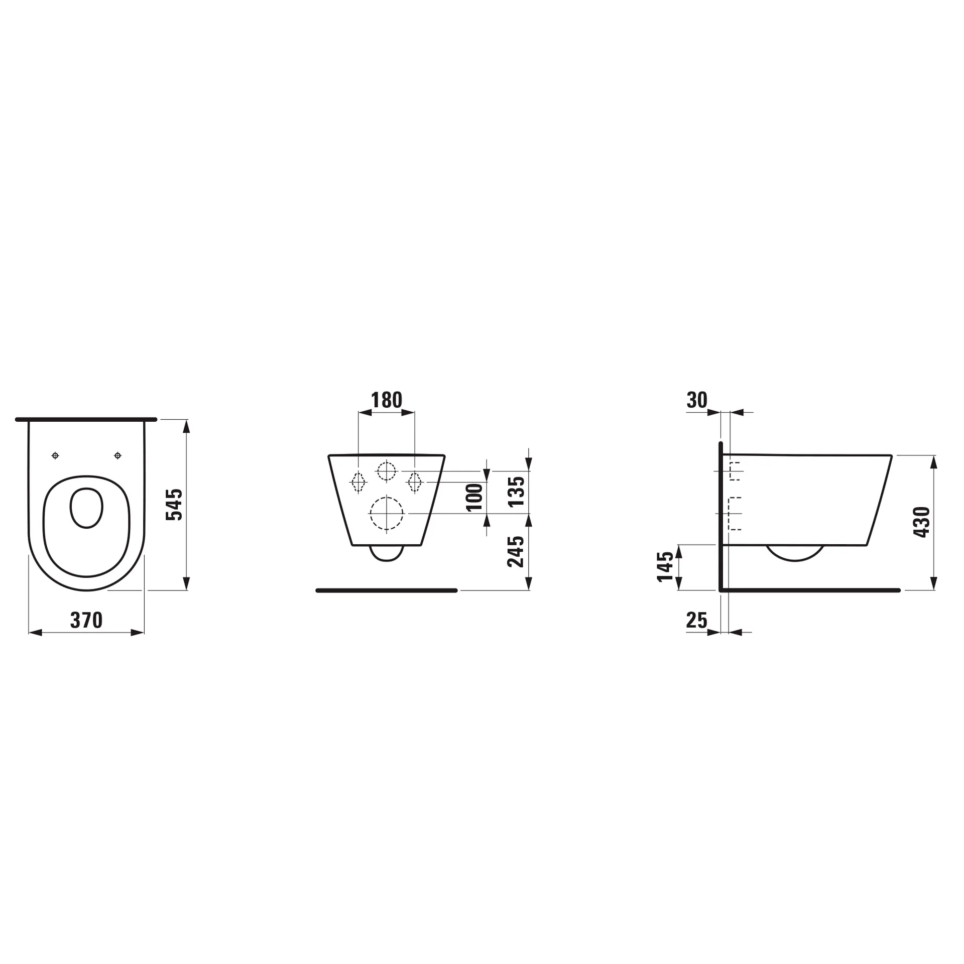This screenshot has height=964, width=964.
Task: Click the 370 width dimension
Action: pos(86,620)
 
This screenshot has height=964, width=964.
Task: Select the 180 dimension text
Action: pos(387,400)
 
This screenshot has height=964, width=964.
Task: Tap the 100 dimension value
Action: pos(474,497)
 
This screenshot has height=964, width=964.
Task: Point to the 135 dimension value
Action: pos(516,492)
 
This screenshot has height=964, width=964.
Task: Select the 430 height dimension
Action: pos(922,522)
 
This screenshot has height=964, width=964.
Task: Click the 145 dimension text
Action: pos(666,566)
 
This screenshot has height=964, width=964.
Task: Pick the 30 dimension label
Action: pos(697,400)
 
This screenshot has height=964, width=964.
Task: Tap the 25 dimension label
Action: pos(696,621)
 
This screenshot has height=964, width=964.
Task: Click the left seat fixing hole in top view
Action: pos(55,455)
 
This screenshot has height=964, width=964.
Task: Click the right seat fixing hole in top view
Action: pos(117,455)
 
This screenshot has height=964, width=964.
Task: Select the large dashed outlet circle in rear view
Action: pos(386,513)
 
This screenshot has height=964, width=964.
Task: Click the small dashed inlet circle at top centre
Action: pos(386,471)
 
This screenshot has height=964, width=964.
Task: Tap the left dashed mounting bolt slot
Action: pos(358,482)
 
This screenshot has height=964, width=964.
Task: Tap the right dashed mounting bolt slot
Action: pos(415,482)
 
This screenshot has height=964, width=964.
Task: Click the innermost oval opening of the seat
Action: pos(86,508)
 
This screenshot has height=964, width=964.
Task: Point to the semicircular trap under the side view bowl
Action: pos(795,552)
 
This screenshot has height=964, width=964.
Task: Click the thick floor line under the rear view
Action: pos(386,590)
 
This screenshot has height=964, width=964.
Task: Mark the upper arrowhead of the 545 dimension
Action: pos(186,426)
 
